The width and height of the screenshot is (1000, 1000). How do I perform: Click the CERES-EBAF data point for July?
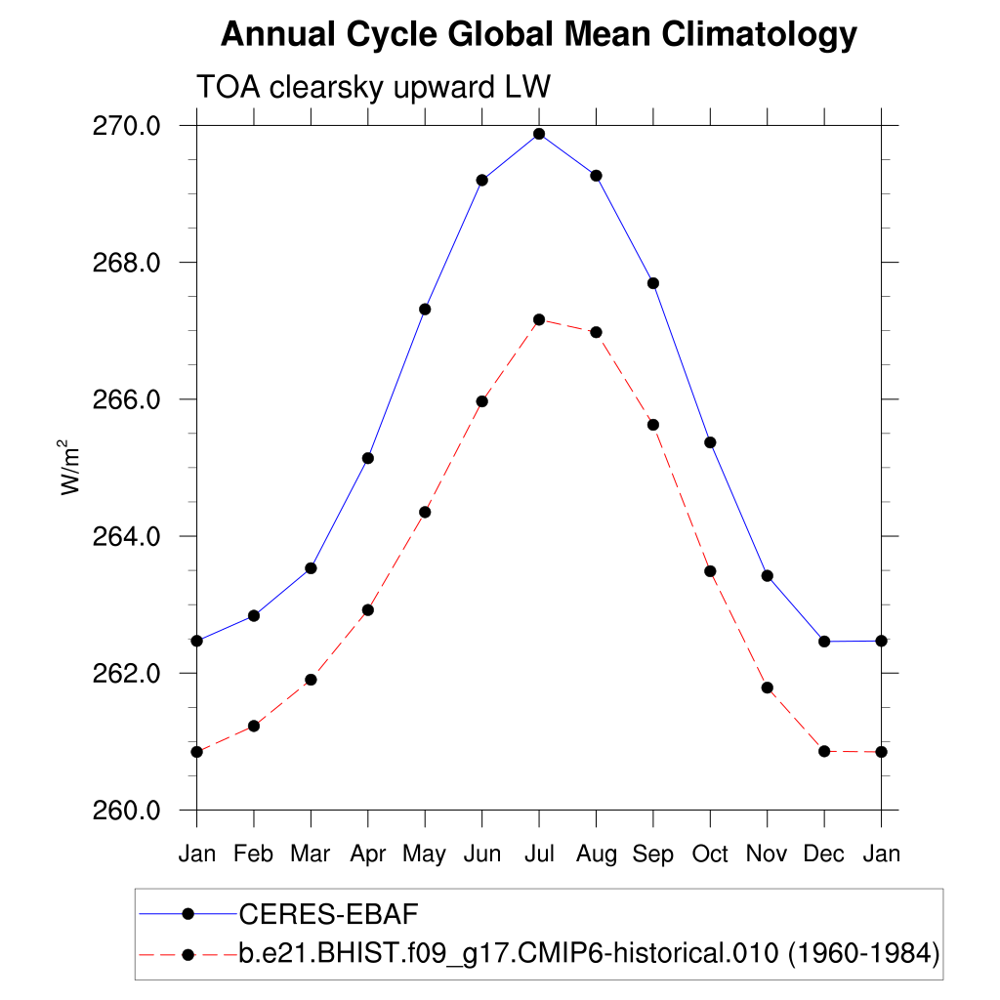(x=539, y=134)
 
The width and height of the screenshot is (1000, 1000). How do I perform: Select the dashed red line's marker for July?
(x=539, y=319)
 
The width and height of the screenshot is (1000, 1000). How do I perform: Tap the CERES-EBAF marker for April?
(x=368, y=458)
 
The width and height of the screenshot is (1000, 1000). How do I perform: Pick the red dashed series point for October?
(x=710, y=571)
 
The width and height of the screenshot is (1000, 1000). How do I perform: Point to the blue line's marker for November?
(x=768, y=576)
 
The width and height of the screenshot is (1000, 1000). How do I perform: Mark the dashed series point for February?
(x=254, y=726)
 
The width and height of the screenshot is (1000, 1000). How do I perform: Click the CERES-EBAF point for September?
(x=653, y=283)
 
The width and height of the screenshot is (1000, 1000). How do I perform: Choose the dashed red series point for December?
(x=824, y=751)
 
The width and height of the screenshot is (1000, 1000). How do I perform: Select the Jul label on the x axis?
(x=539, y=854)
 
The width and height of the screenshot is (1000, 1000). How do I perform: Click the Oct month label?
(x=710, y=854)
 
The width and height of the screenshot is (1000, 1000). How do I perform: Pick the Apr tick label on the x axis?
(x=368, y=854)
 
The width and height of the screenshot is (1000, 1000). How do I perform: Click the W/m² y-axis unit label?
(x=70, y=468)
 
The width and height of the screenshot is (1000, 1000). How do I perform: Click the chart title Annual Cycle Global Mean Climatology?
(x=539, y=35)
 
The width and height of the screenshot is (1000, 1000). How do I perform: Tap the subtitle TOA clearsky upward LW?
(x=375, y=87)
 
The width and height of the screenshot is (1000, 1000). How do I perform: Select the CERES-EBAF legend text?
(x=328, y=914)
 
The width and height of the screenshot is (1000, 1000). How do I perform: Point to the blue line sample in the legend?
(x=166, y=914)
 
